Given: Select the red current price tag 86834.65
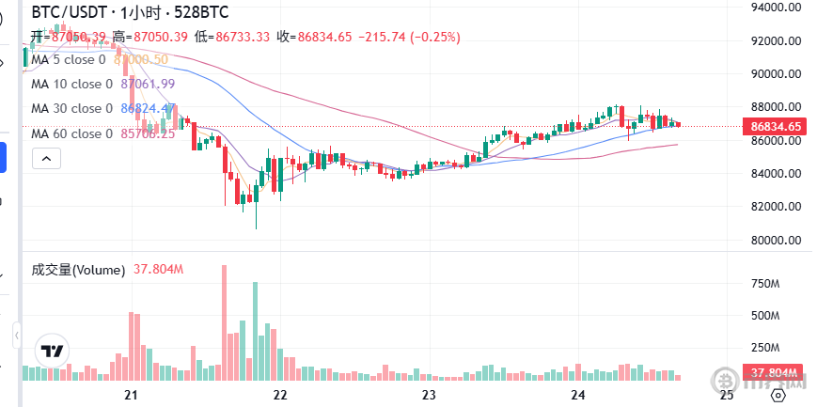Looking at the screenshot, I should pos(774,126).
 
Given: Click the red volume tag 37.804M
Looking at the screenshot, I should pos(774,372).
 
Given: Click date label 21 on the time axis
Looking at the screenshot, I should pos(131,395).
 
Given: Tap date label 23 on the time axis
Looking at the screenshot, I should pos(429,395).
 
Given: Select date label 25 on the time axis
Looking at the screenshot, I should pos(726,395).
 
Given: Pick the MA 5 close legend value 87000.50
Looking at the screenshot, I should pos(141,59).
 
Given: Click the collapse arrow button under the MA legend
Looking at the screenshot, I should pos(44,159).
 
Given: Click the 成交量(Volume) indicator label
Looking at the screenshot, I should pos(78,270).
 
